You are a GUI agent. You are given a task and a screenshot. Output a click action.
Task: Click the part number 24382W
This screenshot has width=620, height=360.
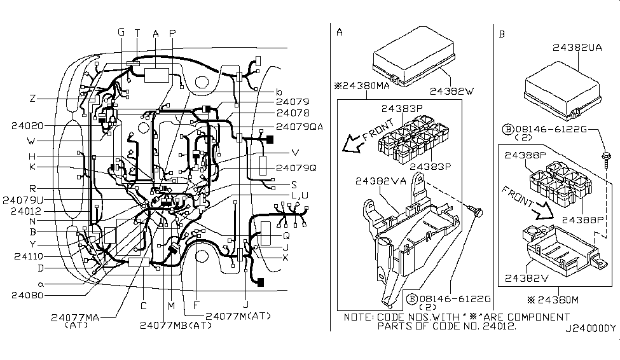(x=451, y=92)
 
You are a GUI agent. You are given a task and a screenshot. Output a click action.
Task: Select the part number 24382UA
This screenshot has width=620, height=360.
(x=577, y=48)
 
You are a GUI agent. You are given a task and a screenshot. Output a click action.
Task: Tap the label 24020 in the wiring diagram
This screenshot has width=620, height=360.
(x=27, y=126)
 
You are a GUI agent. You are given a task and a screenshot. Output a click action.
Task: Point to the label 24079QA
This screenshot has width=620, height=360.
(x=300, y=127)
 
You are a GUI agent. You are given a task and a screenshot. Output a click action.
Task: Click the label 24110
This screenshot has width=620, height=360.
(x=29, y=256)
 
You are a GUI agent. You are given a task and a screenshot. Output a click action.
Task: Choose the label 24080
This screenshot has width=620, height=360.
(x=27, y=295)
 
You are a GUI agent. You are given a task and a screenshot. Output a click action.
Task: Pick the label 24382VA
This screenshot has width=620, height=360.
(x=381, y=181)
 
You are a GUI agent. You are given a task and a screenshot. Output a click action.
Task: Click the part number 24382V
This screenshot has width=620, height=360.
(x=527, y=279)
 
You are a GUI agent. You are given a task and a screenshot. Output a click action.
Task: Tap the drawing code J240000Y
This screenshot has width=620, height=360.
(x=590, y=328)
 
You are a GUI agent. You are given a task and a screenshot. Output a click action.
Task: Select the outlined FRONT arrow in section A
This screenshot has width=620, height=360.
(x=353, y=144)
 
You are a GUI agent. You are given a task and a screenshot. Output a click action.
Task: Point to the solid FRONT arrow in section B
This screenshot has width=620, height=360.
(x=542, y=211)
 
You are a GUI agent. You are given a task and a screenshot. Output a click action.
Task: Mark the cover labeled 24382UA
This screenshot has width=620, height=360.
(x=562, y=90)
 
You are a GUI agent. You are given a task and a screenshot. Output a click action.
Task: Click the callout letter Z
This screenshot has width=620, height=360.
(x=33, y=99)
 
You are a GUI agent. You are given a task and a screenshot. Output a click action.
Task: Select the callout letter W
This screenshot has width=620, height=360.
(x=31, y=141)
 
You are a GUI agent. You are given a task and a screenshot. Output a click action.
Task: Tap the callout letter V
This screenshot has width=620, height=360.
(x=295, y=153)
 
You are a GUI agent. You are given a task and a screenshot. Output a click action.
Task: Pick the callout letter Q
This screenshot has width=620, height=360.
(x=286, y=236)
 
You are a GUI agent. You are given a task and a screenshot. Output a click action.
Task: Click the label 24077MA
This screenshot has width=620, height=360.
(x=75, y=317)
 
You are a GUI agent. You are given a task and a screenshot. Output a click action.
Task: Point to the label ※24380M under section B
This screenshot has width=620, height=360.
(x=553, y=300)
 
